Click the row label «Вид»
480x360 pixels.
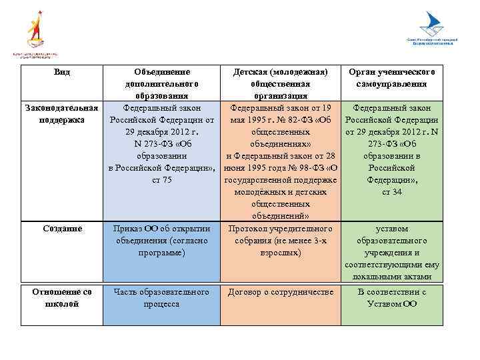[x=62, y=72]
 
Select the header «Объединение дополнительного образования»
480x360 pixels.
[x=162, y=84]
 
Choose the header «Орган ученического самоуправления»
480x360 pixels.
[x=391, y=78]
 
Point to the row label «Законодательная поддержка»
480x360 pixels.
[x=62, y=114]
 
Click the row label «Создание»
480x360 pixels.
[x=62, y=229]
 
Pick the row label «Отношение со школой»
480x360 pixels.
[x=62, y=297]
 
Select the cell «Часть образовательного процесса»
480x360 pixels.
[x=161, y=297]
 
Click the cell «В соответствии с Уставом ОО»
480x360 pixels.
[x=391, y=297]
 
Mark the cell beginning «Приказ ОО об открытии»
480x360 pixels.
[x=161, y=241]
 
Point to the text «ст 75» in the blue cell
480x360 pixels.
[x=162, y=180]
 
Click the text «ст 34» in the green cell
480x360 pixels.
[x=391, y=192]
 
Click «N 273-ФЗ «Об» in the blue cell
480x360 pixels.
[x=162, y=144]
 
